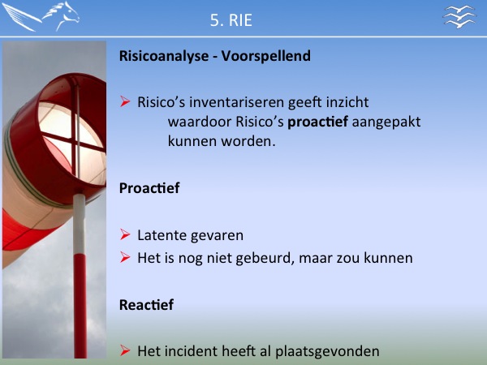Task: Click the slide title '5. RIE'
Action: pyautogui.click(x=231, y=20)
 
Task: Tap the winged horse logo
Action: pyautogui.click(x=41, y=16)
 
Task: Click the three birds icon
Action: pyautogui.click(x=459, y=16)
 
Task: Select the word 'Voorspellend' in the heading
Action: pyautogui.click(x=266, y=56)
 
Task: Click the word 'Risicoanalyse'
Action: pyautogui.click(x=164, y=56)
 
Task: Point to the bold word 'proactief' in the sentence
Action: pyautogui.click(x=317, y=122)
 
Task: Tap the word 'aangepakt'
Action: pyautogui.click(x=386, y=122)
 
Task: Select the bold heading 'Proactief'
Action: pyautogui.click(x=149, y=188)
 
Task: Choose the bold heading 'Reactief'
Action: pyautogui.click(x=147, y=305)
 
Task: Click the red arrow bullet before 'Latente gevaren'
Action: pyautogui.click(x=125, y=234)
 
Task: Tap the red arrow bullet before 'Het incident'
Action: pyautogui.click(x=125, y=350)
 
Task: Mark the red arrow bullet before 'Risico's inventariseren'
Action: pyautogui.click(x=125, y=101)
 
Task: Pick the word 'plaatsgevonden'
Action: pyautogui.click(x=327, y=352)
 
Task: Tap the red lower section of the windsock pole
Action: pyautogui.click(x=80, y=306)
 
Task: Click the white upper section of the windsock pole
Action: pyautogui.click(x=80, y=224)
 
